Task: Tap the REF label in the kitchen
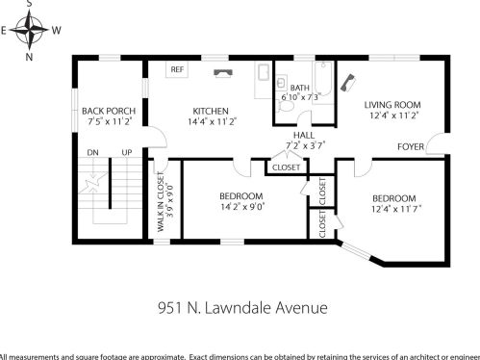tap(177, 70)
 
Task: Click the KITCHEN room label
tap(211, 110)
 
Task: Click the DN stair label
tap(93, 153)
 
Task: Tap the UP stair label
tap(126, 153)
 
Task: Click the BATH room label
tap(300, 88)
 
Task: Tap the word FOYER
tap(412, 147)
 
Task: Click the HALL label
tap(305, 135)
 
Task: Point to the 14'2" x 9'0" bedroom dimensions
tap(241, 205)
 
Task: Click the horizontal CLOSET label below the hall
tap(286, 167)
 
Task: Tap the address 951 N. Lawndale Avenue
tap(242, 308)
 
